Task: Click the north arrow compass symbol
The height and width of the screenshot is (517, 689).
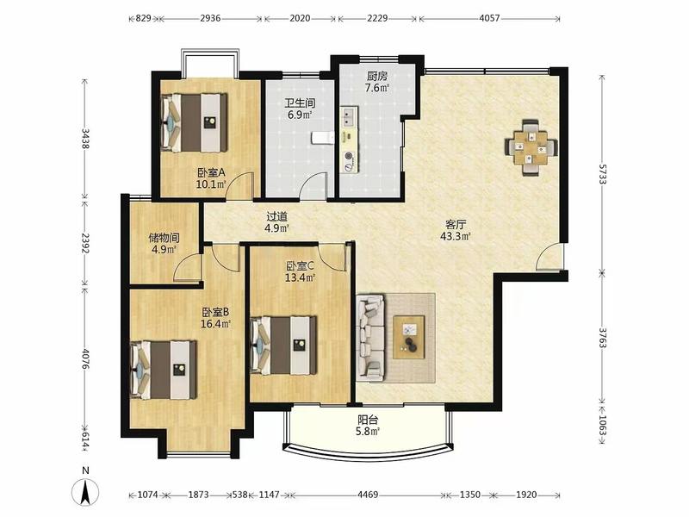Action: coord(85,491)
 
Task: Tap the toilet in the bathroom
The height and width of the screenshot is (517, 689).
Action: coord(323,138)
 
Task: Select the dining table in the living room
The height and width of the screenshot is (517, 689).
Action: coord(531,147)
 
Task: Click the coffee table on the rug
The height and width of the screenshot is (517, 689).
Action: coord(408,337)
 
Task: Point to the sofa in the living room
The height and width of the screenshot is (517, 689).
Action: coord(370,338)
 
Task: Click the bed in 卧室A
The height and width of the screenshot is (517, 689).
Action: coord(194,122)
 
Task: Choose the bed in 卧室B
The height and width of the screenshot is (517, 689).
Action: coord(163,370)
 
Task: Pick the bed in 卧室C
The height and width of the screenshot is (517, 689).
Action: coord(283,346)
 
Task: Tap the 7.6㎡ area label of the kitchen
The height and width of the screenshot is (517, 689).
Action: coord(377,88)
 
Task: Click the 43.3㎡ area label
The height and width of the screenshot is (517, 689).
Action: coord(456,236)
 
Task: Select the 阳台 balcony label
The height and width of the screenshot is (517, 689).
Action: coord(368,420)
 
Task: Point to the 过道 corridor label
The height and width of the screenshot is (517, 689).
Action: coord(277,216)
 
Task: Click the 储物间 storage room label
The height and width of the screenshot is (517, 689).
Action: coord(164,238)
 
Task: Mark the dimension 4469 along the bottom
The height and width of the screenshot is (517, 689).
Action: coord(368,495)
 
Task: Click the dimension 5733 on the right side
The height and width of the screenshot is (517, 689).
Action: coord(603,174)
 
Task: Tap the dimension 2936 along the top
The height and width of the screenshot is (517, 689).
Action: coord(210,18)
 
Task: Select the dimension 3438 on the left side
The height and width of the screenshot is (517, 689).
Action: coord(85,139)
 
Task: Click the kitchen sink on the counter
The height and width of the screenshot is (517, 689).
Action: coord(349,116)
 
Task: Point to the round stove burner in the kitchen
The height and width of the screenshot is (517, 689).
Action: coord(349,155)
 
